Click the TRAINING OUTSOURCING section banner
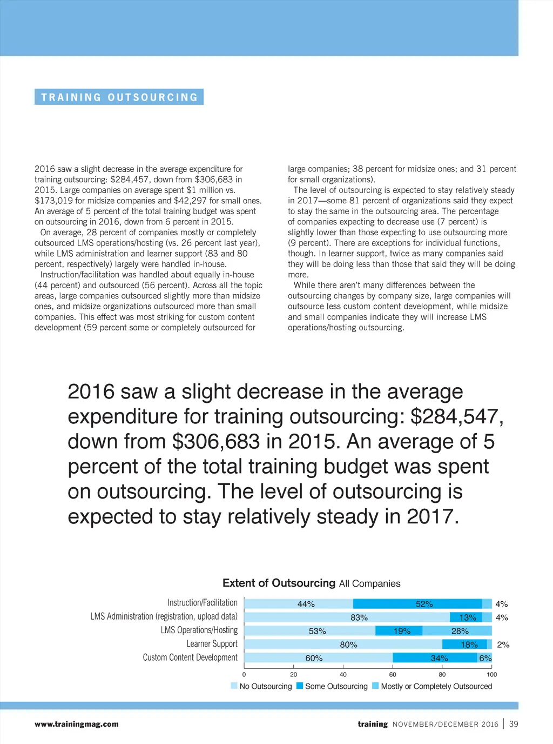coord(119,97)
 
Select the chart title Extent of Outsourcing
coord(279,583)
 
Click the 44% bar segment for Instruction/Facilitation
coord(299,604)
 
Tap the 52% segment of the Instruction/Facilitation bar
coord(417,604)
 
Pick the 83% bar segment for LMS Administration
coord(347,617)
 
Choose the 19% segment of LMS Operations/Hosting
coord(399,631)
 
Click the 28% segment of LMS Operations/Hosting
coord(457,631)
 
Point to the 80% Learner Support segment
coord(343,645)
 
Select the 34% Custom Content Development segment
coord(435,658)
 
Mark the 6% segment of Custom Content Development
coord(485,658)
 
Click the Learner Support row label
coord(212,644)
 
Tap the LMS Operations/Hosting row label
coord(199,630)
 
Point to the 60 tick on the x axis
coord(393,674)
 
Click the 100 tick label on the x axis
coord(491,674)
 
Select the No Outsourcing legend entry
coord(261,686)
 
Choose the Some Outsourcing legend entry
coord(332,686)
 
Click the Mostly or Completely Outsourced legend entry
coord(433,686)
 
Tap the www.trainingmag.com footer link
coord(77,724)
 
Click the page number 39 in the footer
coord(514,724)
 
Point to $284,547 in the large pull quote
coord(457,417)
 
